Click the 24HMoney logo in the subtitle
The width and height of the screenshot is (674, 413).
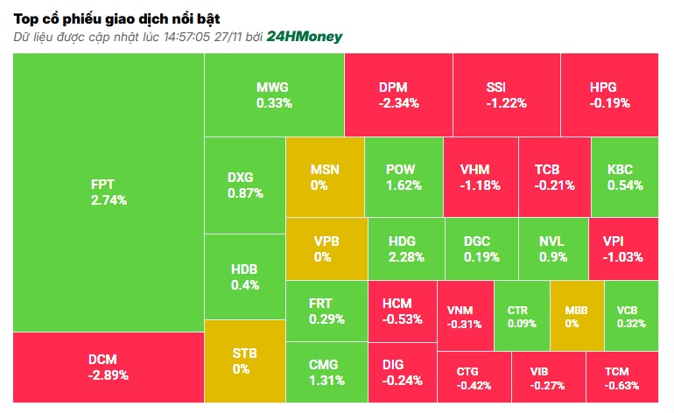coord(304,37)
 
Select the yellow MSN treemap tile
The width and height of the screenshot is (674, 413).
coord(325,177)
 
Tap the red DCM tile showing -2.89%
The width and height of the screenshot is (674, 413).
coord(108,367)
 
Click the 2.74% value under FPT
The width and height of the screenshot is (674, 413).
coord(108,199)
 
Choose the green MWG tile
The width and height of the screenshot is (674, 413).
coord(273,94)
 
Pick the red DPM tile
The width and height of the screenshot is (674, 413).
coord(398,94)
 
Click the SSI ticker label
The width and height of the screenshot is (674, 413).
coord(507,87)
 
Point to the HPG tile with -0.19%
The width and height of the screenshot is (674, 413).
coord(609,94)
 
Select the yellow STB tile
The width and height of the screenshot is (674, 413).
coord(244,360)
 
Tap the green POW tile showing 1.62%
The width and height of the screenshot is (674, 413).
coord(403,177)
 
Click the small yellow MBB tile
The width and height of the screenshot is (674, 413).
coord(577,316)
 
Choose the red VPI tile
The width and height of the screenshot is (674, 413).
coord(622,249)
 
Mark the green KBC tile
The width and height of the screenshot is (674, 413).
coord(624,177)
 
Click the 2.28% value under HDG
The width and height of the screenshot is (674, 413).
coord(406,257)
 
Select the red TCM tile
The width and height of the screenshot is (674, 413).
coord(621,377)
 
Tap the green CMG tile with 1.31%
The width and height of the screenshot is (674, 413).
coord(326,372)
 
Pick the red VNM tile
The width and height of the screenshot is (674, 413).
coord(464,316)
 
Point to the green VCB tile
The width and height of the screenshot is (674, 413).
coord(631,316)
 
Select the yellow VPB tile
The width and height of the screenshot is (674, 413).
coord(325,249)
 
